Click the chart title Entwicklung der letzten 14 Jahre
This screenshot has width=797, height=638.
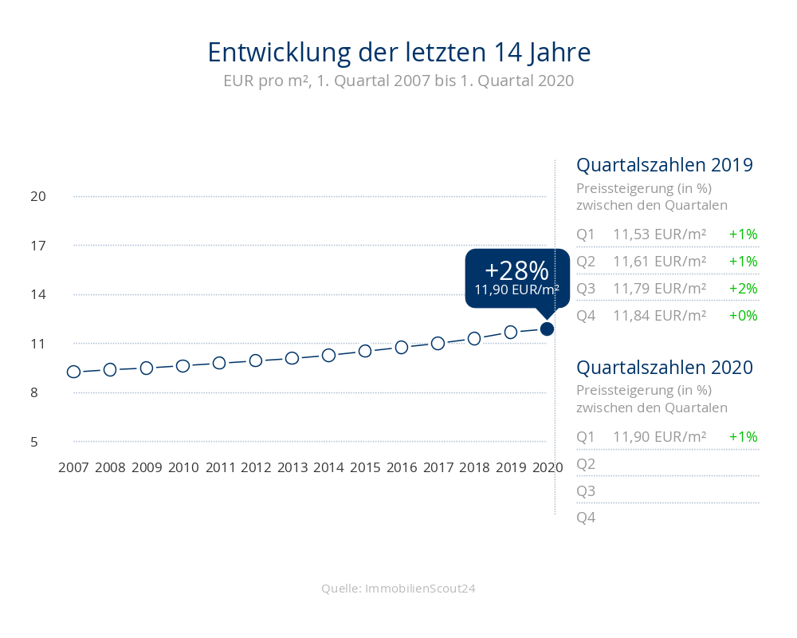(398, 53)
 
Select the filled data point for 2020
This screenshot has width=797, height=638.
(548, 329)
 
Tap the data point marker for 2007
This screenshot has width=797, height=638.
(73, 372)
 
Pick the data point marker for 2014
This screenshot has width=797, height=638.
(328, 355)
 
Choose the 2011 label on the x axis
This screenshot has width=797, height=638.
(220, 467)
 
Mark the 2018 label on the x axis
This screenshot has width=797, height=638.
(474, 467)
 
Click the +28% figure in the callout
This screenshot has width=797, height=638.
(516, 270)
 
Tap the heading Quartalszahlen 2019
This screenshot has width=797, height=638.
(665, 165)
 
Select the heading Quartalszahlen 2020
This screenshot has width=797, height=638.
(665, 368)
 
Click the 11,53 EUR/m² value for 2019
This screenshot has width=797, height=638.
(659, 234)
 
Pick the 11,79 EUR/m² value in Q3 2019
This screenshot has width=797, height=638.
(659, 288)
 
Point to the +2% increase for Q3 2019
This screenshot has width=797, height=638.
(743, 288)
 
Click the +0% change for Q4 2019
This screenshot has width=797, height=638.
(743, 315)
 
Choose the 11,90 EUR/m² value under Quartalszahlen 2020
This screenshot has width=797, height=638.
(659, 437)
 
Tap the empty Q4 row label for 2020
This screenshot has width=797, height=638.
(586, 518)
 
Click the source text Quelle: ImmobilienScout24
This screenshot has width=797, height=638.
(398, 589)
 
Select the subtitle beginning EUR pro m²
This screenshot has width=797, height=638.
(398, 81)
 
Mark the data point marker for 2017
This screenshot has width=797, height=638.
(438, 343)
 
